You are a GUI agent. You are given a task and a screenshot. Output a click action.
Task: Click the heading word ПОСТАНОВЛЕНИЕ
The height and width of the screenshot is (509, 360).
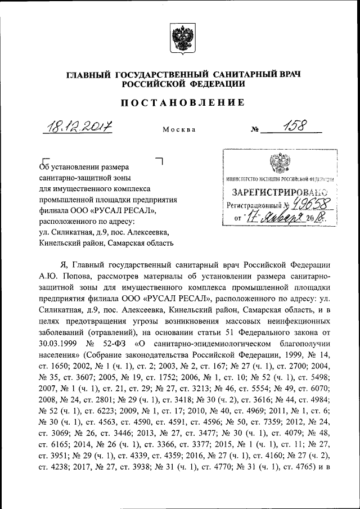click(x=180, y=102)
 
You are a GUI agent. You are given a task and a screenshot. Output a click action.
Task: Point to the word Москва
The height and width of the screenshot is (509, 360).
click(x=179, y=130)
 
